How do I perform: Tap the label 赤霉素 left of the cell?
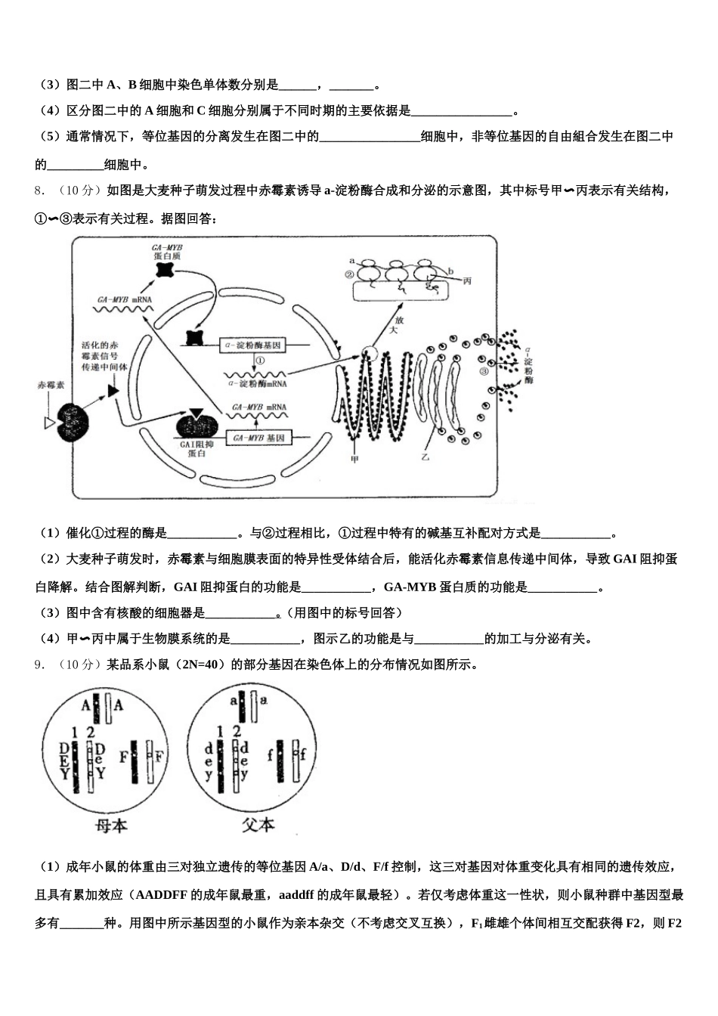[x=51, y=385]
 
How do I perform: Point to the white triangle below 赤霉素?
[x=50, y=423]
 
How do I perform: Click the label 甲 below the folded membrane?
[x=354, y=459]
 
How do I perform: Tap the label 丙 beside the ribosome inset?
[x=467, y=281]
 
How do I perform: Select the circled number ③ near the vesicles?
[x=484, y=371]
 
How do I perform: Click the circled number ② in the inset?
[x=348, y=275]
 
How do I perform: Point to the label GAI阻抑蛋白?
[x=197, y=449]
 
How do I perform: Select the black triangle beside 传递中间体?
[x=113, y=390]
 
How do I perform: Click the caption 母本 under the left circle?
[x=111, y=825]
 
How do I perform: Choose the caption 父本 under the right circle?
[x=258, y=825]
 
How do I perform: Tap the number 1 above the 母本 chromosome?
[x=74, y=732]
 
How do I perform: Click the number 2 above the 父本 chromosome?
[x=236, y=732]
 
